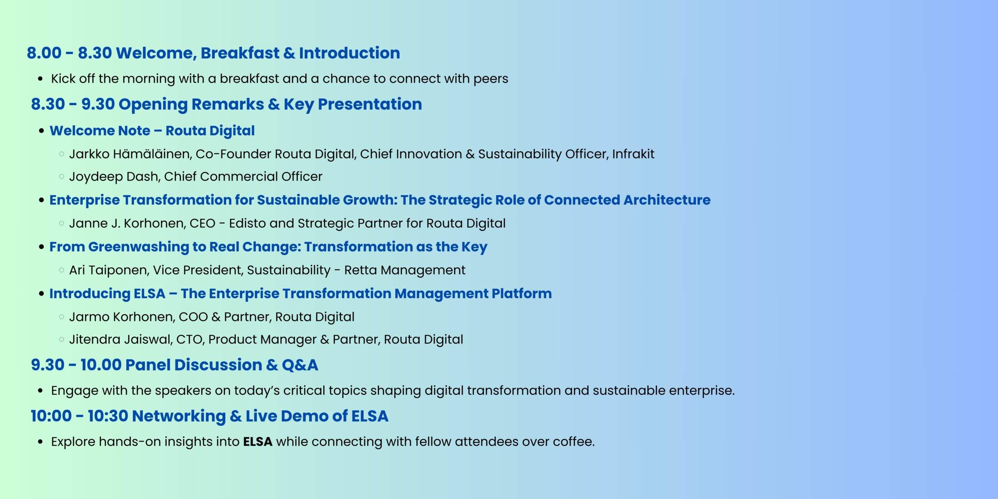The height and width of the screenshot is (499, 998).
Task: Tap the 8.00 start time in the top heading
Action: click(x=44, y=53)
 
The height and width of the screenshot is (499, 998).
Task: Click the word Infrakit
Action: click(x=633, y=154)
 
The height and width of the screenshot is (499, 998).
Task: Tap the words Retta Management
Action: click(x=405, y=270)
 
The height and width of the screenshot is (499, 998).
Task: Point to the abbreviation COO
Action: click(x=193, y=317)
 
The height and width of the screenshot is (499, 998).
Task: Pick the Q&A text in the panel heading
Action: click(x=300, y=365)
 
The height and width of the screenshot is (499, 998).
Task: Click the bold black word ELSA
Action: click(x=258, y=442)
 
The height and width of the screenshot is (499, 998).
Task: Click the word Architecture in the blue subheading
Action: click(x=667, y=200)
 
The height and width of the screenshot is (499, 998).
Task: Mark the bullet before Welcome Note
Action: click(x=41, y=131)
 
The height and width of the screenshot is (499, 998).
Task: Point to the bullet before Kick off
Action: click(x=40, y=79)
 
